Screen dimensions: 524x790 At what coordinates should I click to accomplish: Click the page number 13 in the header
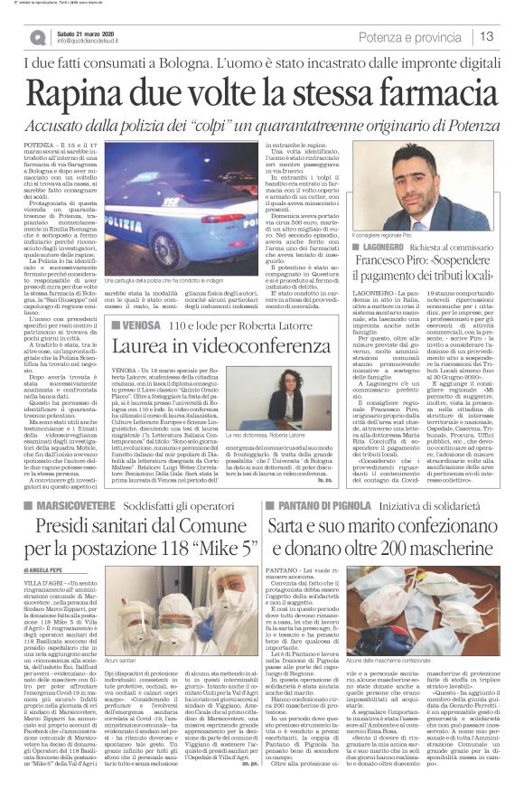(486, 36)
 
